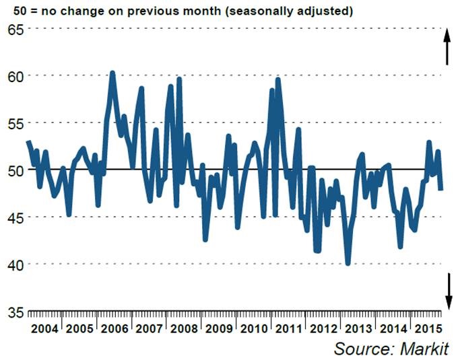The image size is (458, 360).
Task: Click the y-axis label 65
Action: click(15, 29)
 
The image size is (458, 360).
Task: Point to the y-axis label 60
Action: click(15, 75)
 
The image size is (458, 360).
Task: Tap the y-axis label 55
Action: click(15, 123)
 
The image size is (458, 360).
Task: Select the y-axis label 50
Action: click(15, 170)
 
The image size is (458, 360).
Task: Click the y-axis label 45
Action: click(15, 217)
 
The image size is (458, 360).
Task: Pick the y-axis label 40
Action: click(15, 264)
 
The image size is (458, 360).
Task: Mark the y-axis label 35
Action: click(15, 312)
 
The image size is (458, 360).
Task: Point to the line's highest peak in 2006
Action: click(112, 73)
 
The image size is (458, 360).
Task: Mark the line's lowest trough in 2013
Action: click(348, 263)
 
